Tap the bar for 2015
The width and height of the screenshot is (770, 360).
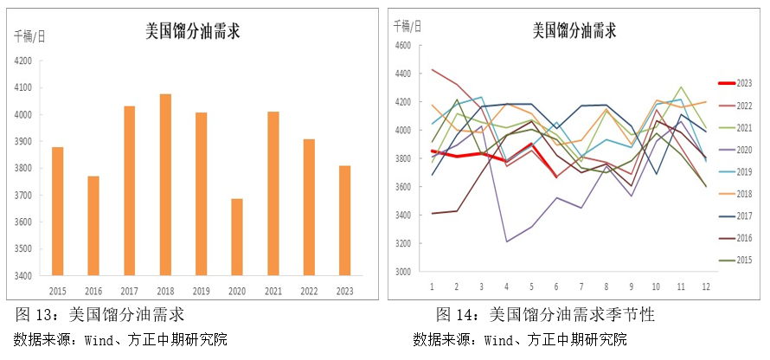(x=57, y=211)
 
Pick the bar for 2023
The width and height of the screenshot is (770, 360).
(x=343, y=221)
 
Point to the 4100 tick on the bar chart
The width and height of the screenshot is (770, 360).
(x=23, y=87)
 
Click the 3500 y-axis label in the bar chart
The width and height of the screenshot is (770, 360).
(x=23, y=249)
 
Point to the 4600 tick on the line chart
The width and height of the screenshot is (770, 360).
(x=404, y=46)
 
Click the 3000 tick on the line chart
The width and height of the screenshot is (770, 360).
(x=404, y=271)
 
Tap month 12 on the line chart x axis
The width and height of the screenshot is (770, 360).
(x=706, y=286)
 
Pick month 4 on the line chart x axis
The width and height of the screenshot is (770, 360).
(x=506, y=286)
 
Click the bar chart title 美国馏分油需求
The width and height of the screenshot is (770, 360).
(x=192, y=32)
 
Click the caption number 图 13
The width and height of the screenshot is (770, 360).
(x=33, y=314)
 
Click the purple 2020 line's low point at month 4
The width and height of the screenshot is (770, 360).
(x=506, y=241)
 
